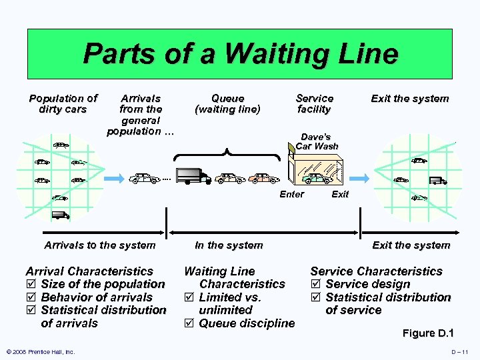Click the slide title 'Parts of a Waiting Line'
coord(240,54)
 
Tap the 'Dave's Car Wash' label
coord(317,141)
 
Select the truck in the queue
coord(194,176)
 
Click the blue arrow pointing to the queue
coord(112,178)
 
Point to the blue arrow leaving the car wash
coord(361,178)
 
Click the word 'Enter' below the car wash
coord(291,195)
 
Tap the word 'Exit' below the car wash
coord(340,195)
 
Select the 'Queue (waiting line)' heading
coord(227,104)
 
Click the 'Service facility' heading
coord(314,104)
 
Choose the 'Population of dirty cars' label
coord(63,104)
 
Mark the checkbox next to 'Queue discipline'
coord(189,323)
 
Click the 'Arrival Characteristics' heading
coord(89,271)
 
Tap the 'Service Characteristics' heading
coord(376,271)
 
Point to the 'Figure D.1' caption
coord(428,333)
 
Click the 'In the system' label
coord(229,245)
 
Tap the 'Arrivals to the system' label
coord(99,245)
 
